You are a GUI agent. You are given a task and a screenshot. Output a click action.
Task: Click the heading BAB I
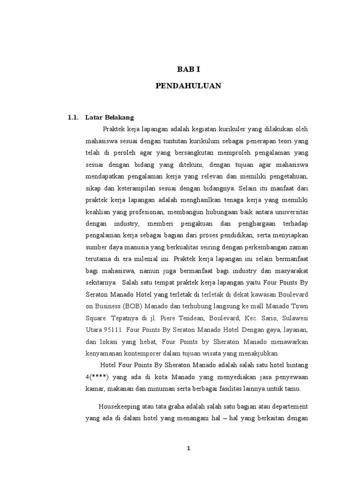(188, 69)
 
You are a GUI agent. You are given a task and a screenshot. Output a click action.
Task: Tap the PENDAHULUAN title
(188, 86)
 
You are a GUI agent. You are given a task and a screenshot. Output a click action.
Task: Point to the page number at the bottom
(188, 448)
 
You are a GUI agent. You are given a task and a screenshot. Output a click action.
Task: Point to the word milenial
(146, 259)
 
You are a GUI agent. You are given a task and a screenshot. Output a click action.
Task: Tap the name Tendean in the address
(171, 318)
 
